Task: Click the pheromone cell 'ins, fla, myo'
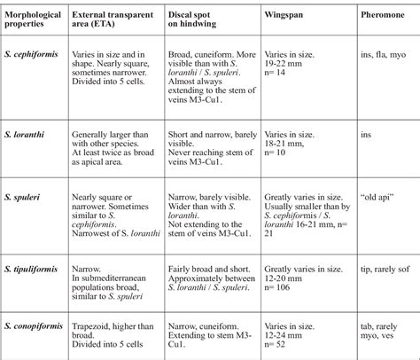[x=385, y=53]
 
